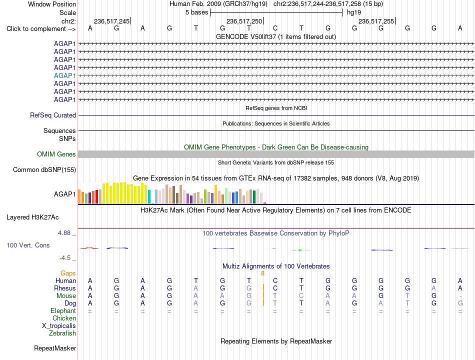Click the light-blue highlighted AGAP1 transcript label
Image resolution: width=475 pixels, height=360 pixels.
pyautogui.click(x=64, y=76)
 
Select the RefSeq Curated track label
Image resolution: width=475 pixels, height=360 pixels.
pyautogui.click(x=53, y=115)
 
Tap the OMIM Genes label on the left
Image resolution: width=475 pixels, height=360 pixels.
pyautogui.click(x=56, y=154)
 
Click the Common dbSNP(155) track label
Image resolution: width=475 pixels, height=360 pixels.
pyautogui.click(x=44, y=169)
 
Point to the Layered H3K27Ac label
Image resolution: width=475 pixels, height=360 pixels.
pyautogui.click(x=32, y=217)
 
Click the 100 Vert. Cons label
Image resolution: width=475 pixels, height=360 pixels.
pyautogui.click(x=28, y=245)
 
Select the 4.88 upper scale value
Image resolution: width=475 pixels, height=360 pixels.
pyautogui.click(x=64, y=232)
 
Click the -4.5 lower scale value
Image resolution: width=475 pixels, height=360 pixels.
pyautogui.click(x=65, y=258)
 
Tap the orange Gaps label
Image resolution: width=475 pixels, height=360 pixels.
pyautogui.click(x=68, y=273)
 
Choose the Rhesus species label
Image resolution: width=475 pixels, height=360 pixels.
pyautogui.click(x=65, y=288)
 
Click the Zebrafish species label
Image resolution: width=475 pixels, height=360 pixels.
pyautogui.click(x=62, y=333)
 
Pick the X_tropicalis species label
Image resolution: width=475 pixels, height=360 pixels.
pyautogui.click(x=59, y=326)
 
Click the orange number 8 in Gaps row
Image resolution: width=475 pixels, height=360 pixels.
pyautogui.click(x=262, y=273)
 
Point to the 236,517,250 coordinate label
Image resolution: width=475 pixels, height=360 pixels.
pyautogui.click(x=244, y=21)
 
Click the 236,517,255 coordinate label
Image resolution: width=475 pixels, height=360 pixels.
pyautogui.click(x=376, y=21)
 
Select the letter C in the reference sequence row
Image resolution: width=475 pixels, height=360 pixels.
pyautogui.click(x=275, y=28)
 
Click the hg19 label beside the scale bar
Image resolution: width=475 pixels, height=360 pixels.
pyautogui.click(x=354, y=12)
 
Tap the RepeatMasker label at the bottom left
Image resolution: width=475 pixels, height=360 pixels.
pyautogui.click(x=55, y=348)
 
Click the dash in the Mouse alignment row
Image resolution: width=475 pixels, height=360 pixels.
pyautogui.click(x=460, y=296)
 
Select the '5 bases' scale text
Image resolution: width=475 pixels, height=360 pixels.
pyautogui.click(x=197, y=12)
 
